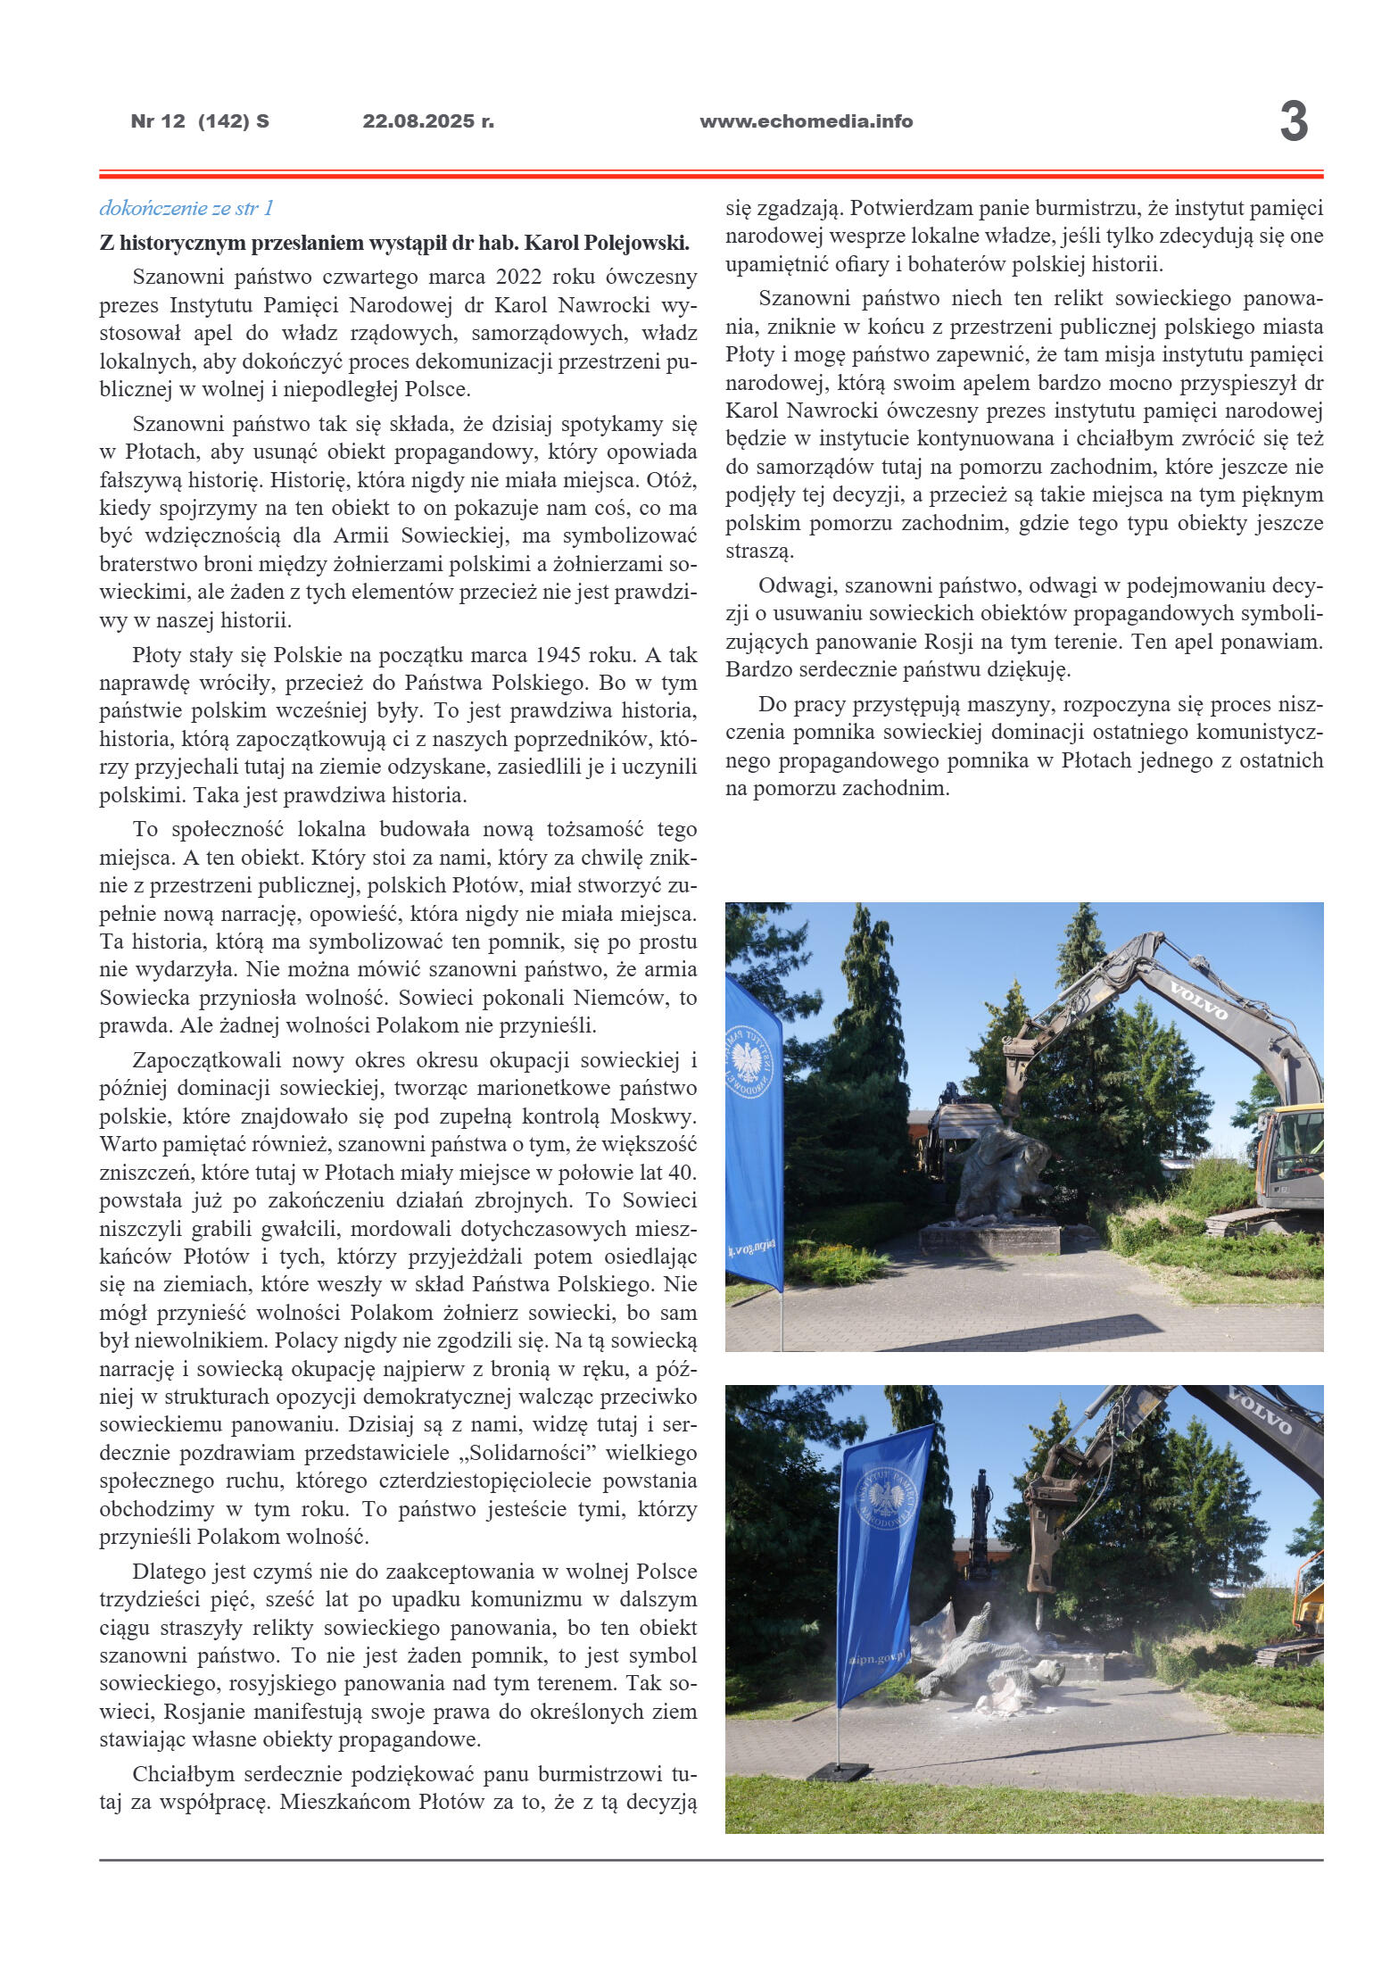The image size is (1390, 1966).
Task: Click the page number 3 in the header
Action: [x=1293, y=121]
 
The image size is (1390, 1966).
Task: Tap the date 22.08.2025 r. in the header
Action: [x=427, y=121]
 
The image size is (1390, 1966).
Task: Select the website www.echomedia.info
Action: [x=806, y=121]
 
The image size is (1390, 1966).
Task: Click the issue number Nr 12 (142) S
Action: [x=200, y=121]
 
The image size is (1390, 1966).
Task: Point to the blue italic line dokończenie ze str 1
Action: [x=186, y=208]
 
